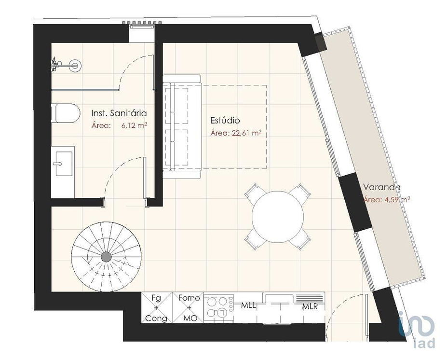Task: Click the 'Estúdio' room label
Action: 225,120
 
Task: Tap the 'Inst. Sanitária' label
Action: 119,113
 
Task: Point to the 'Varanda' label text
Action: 382,187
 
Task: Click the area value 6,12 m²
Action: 134,125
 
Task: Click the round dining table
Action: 278,217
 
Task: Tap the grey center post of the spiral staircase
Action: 107,257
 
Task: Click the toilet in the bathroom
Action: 66,113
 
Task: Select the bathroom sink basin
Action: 64,164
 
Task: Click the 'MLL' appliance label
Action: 248,305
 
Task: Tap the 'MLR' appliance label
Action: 310,307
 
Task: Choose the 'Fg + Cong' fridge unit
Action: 157,307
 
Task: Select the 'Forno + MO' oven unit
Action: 188,307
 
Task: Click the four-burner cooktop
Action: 218,307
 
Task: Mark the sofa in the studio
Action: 182,126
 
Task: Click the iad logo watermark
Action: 417,329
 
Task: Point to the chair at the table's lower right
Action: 300,240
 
